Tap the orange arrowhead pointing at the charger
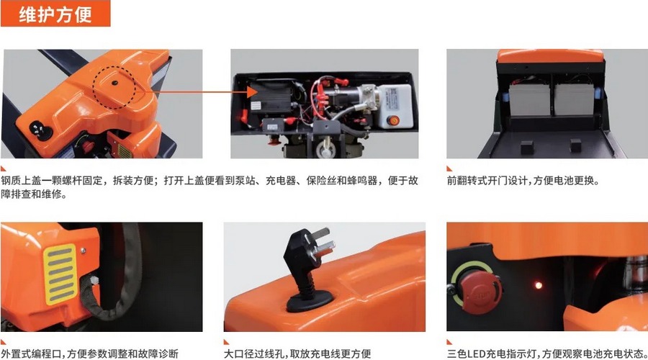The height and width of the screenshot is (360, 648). [244, 91]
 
